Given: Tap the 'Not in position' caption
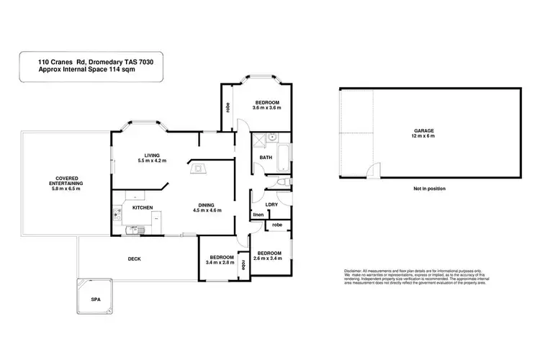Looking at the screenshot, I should [x=429, y=188].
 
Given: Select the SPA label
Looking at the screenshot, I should [x=94, y=298].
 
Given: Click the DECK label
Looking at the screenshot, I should [x=134, y=258].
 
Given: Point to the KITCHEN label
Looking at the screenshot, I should [x=143, y=208].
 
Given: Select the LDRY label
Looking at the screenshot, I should [x=272, y=204].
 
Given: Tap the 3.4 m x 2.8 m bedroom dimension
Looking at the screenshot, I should [x=221, y=263].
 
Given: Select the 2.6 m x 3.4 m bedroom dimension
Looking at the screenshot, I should [x=269, y=258].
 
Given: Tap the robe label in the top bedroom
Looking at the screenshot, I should [x=228, y=107].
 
